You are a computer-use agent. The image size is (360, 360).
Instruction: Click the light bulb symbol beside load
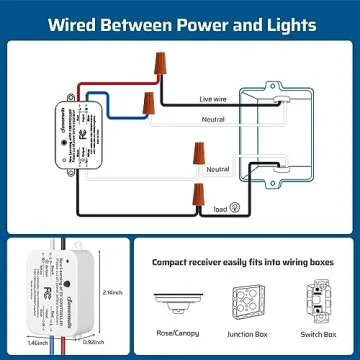coord(233,208)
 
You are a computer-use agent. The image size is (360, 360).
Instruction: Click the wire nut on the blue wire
coord(147,102)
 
